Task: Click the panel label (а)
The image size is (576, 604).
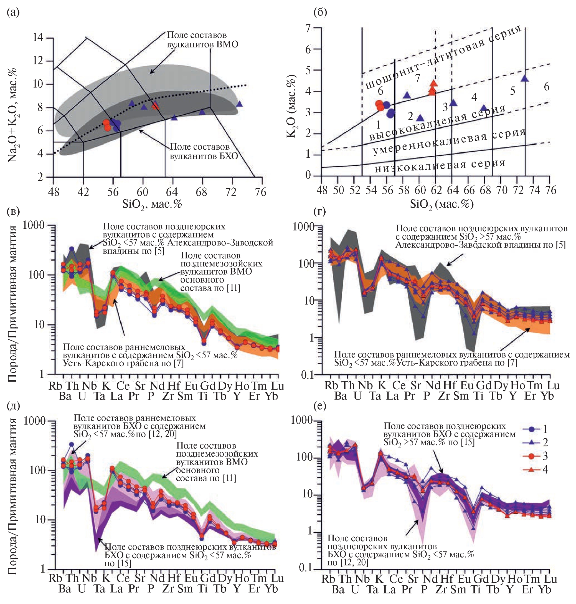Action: [12, 13]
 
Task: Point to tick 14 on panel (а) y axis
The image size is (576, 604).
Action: [38, 38]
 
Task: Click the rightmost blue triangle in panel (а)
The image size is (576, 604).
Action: [240, 104]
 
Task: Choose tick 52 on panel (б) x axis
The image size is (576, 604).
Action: [355, 190]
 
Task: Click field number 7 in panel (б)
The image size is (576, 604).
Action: [418, 78]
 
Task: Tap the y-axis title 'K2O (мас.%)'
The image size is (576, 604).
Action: [291, 106]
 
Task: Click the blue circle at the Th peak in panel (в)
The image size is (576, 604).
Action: [72, 249]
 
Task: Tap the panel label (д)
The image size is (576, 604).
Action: [13, 406]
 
